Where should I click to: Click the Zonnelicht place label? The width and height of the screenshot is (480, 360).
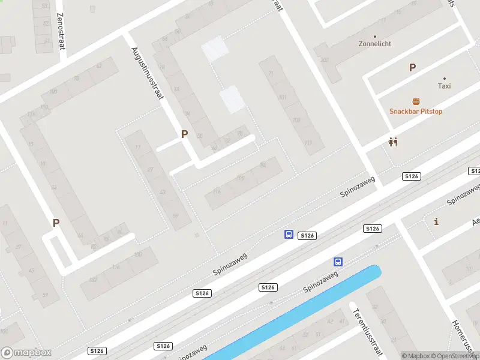[375, 44]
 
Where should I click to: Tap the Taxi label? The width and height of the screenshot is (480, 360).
[444, 86]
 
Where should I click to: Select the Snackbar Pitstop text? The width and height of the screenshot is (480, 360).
[416, 112]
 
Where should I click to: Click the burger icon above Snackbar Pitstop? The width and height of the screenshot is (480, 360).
[415, 101]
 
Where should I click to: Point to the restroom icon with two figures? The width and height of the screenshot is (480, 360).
[394, 142]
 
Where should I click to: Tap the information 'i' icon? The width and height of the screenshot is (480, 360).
[436, 221]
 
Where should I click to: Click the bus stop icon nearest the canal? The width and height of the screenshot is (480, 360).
[338, 262]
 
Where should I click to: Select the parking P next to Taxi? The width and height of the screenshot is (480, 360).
[412, 68]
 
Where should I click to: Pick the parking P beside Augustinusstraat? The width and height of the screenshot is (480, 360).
[184, 134]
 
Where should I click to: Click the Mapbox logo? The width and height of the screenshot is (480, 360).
[26, 353]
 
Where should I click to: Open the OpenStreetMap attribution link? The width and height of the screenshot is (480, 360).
[453, 356]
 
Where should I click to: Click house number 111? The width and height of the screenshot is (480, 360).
[308, 143]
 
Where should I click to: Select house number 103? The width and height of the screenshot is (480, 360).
[296, 120]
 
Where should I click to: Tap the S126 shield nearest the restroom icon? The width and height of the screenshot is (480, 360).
[411, 176]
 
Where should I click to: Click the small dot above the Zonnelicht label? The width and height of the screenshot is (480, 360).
[375, 36]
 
